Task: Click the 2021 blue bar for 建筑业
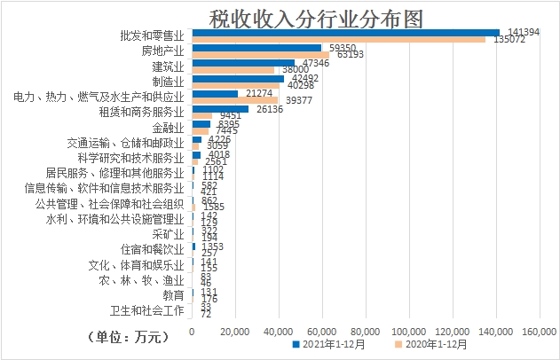(x=243, y=63)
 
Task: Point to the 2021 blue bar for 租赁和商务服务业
(x=220, y=108)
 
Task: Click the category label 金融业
(x=168, y=128)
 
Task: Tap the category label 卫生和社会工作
(x=146, y=310)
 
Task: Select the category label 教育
(x=173, y=294)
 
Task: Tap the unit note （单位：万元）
(x=128, y=336)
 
